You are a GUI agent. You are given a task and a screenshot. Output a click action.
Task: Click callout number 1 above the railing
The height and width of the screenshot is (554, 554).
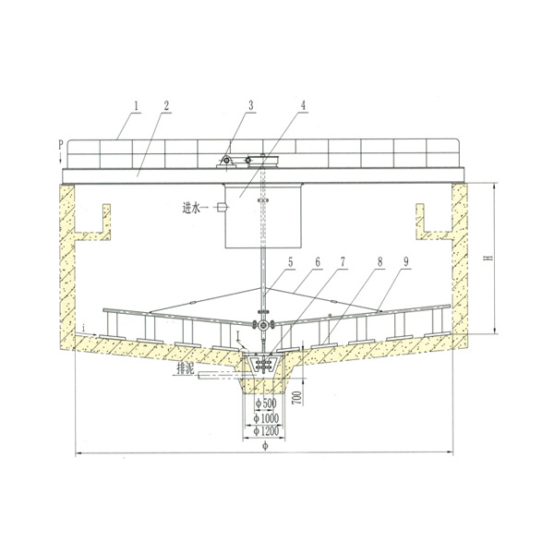[x=137, y=105]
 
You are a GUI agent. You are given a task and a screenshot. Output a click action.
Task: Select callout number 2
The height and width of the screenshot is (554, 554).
[x=166, y=105]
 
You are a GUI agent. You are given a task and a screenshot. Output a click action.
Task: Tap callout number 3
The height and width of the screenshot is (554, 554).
[x=251, y=105]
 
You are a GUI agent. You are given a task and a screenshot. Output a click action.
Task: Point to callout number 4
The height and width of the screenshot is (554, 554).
[x=303, y=105]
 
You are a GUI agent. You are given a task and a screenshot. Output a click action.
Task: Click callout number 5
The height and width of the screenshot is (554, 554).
[x=291, y=262]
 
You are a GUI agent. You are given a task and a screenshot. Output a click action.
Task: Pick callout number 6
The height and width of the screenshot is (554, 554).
[x=318, y=262]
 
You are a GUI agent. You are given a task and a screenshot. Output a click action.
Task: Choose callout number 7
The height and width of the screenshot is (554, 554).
[x=343, y=262]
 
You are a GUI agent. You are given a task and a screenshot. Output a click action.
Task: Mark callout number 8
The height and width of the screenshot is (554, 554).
[x=379, y=262]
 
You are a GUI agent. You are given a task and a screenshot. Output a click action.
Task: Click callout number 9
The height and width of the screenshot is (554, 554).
[x=406, y=262]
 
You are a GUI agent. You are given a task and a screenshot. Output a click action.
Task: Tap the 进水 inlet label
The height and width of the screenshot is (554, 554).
[x=191, y=208]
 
